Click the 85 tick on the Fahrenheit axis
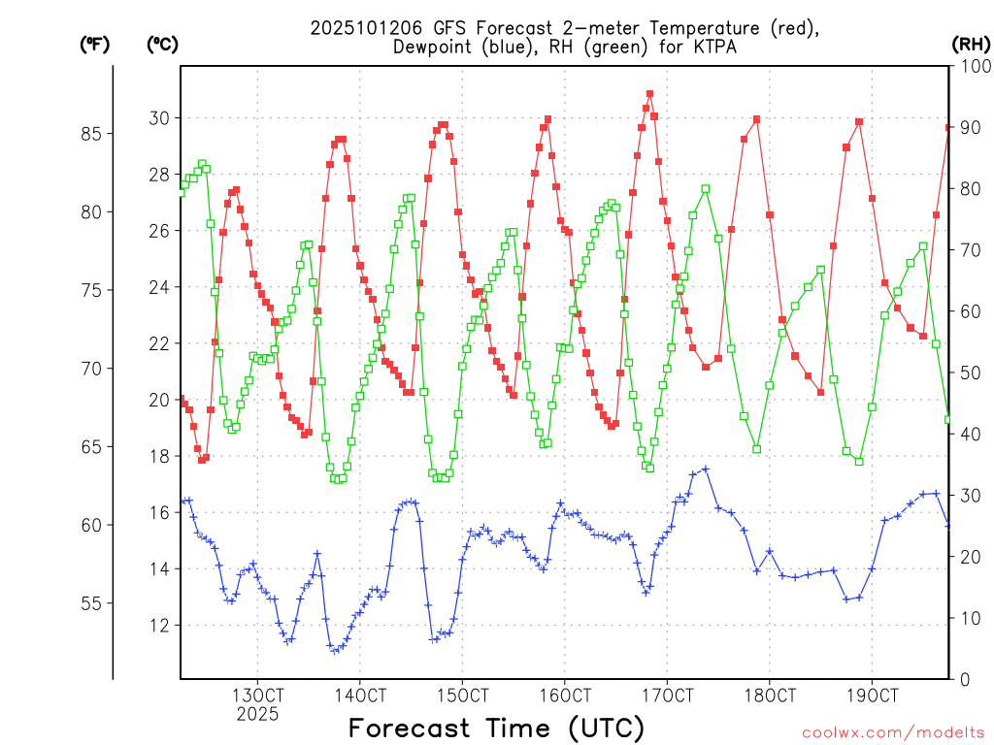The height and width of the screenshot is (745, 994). coord(96,133)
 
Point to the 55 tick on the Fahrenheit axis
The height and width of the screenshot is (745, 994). coord(96,602)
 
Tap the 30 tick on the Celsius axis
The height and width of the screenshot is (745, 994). coord(158,118)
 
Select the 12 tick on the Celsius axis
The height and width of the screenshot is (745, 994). coord(158,625)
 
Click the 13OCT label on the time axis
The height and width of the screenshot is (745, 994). coord(257,696)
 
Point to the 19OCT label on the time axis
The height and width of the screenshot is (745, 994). coord(872,696)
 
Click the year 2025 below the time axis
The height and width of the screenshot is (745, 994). coord(257,714)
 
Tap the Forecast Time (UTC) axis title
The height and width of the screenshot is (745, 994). coord(496,728)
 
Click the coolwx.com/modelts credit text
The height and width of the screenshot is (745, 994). coord(893,731)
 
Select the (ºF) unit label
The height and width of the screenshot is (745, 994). coord(94,44)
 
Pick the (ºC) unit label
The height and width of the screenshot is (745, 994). coord(162,44)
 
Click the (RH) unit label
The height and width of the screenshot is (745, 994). coord(971,44)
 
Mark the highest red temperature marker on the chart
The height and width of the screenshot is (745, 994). coord(649,94)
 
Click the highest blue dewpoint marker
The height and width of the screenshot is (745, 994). coord(706,469)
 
